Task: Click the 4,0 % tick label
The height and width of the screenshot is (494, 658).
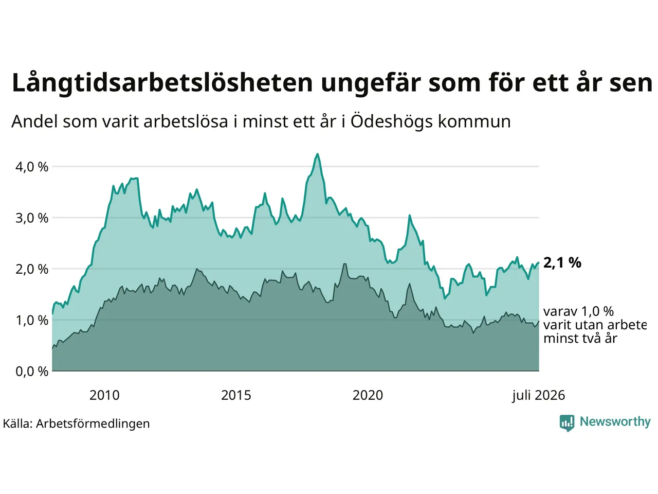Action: (32, 167)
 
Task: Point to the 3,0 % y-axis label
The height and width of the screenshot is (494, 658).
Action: (32, 218)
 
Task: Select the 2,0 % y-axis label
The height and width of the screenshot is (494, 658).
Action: (32, 269)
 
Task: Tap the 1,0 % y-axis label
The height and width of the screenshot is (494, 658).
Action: (32, 321)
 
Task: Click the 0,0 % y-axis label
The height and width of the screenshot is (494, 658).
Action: (32, 372)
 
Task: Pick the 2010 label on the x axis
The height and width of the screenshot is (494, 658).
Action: (104, 395)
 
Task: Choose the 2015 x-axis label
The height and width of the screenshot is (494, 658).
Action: (236, 395)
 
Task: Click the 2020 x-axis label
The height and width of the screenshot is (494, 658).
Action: (368, 395)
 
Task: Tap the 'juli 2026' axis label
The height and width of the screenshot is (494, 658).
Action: (538, 396)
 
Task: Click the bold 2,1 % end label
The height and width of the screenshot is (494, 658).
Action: (562, 263)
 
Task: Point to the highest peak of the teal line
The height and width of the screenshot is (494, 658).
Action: (318, 154)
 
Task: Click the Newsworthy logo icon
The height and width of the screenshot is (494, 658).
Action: (567, 423)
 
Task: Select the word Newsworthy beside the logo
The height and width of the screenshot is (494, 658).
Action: (615, 422)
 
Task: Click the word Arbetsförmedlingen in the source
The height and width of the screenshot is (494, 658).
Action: (93, 424)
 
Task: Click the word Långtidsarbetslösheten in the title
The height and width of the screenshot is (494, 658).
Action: (162, 83)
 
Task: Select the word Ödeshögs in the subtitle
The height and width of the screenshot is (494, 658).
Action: (392, 122)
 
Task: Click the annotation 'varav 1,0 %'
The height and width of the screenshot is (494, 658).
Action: (578, 312)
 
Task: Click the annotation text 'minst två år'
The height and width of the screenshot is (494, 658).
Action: (580, 338)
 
